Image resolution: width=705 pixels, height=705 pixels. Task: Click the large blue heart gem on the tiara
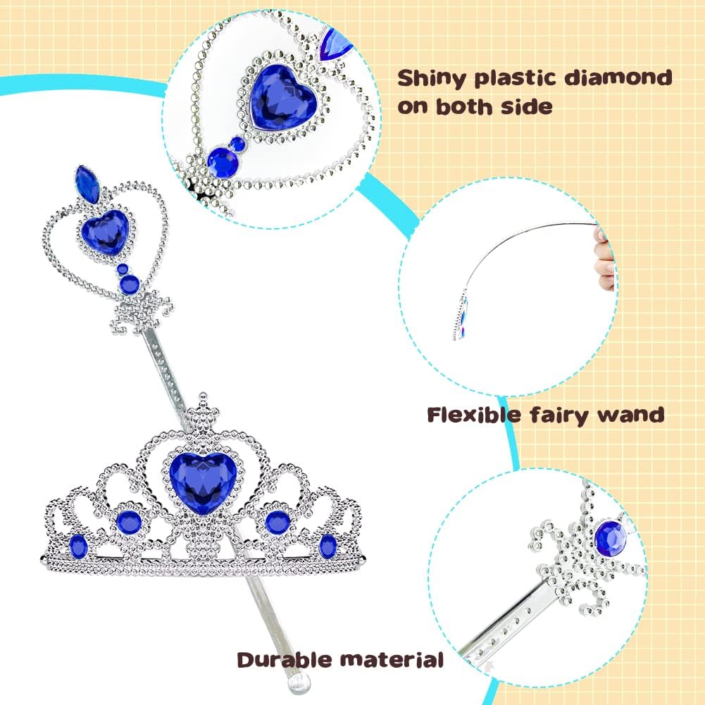tap(203, 482)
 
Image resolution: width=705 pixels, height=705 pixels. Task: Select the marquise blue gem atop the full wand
tap(87, 185)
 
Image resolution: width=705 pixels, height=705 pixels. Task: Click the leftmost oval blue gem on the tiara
tap(78, 546)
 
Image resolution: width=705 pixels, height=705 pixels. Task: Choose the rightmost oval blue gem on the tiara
tap(327, 546)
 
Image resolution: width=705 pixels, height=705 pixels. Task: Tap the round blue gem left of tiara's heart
tap(129, 523)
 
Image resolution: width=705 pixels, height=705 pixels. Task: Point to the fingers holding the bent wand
tap(605, 258)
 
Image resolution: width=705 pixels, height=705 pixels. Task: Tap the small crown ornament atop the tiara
tap(204, 410)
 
